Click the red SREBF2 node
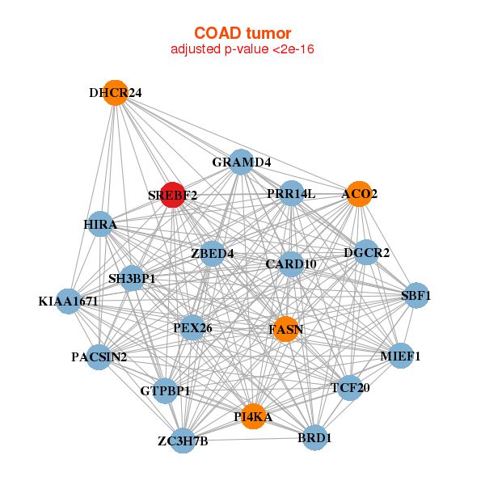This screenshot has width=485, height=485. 173,195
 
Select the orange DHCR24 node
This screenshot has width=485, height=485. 116,93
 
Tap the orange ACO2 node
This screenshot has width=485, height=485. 359,194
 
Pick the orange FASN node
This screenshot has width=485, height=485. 286,329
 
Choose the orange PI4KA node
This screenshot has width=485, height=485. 253,416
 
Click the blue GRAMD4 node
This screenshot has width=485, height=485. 241,162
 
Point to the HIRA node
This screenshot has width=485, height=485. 100,224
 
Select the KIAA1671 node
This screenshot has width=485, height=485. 69,302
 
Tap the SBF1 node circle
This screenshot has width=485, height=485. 416,295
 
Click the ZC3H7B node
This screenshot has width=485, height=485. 183,441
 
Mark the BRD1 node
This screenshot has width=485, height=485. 314,437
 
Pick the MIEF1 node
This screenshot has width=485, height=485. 401,356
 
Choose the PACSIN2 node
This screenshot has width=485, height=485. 99,357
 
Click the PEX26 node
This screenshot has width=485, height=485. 192,327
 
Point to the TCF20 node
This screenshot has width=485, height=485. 350,388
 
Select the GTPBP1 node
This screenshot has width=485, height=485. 165,391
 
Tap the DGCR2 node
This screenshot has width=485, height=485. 366,252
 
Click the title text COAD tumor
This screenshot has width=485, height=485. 242,33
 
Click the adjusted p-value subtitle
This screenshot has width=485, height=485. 242,49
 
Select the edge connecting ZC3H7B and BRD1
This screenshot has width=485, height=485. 249,439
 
